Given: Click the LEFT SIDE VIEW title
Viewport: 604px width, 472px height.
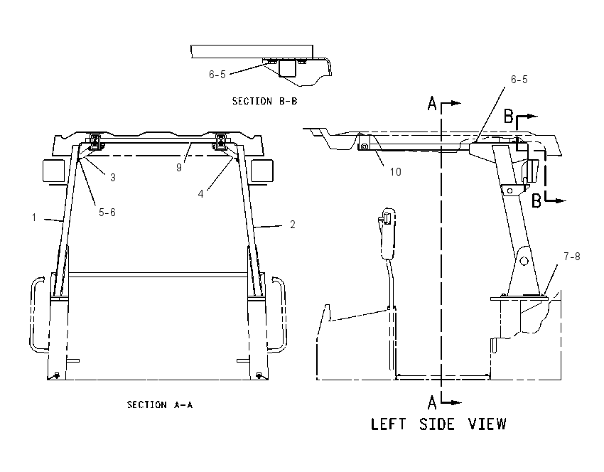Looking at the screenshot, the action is click(438, 424).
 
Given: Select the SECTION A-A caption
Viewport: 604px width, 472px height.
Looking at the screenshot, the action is click(160, 404).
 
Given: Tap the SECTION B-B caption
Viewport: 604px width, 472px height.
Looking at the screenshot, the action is click(264, 101).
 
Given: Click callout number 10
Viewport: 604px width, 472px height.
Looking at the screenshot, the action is click(396, 171).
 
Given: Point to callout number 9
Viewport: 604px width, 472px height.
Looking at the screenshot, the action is click(179, 167).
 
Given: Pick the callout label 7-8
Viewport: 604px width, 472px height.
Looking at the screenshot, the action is click(571, 256).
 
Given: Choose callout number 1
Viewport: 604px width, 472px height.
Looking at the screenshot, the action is click(34, 218).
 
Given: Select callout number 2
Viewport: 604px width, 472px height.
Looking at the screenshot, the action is click(292, 224).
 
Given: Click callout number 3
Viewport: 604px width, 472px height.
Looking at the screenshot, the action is click(112, 177).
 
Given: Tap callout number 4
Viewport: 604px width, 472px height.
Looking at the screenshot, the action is click(200, 194).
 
